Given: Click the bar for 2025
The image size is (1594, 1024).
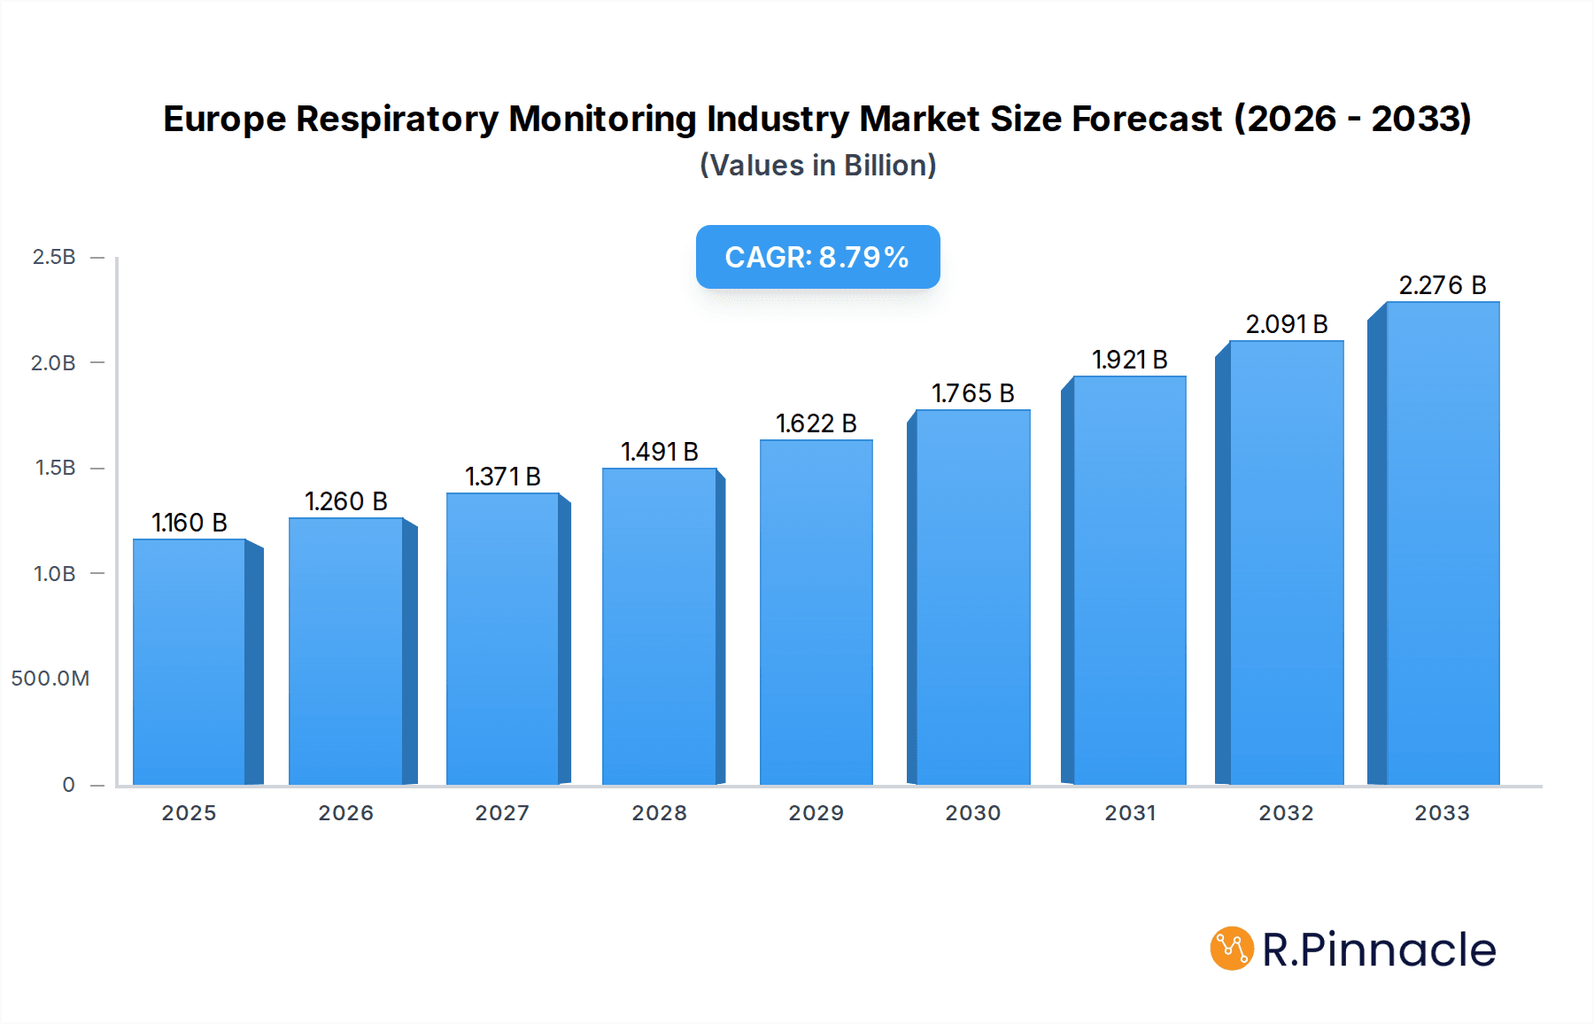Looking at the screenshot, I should (x=190, y=662).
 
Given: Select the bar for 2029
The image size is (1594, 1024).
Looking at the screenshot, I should (x=816, y=612).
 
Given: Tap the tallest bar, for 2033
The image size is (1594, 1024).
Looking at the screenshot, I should (x=1442, y=543).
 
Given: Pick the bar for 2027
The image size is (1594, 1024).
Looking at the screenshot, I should (x=502, y=639).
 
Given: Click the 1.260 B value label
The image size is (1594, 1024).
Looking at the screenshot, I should (x=346, y=501).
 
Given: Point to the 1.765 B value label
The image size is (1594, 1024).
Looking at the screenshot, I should (x=972, y=393).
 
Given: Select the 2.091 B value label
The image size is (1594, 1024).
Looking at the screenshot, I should (x=1286, y=324).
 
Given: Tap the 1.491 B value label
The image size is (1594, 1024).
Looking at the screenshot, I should (x=659, y=452).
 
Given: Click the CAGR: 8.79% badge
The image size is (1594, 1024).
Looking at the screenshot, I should (x=817, y=257).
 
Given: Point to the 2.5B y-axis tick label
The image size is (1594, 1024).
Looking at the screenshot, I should (x=54, y=257).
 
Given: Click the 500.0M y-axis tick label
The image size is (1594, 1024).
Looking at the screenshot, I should (x=50, y=679).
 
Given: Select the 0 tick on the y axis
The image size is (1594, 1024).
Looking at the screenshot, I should (x=68, y=785).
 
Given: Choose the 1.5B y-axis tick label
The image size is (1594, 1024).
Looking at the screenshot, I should (x=55, y=468).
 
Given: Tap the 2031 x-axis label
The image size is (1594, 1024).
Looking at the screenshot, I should (x=1130, y=813).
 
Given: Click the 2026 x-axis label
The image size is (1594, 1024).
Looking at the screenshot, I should (x=346, y=813).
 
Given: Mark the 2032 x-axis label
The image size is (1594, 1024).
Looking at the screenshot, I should (x=1286, y=813).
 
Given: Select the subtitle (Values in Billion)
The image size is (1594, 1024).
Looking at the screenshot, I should (x=817, y=166).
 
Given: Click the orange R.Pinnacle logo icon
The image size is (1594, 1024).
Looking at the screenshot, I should (x=1231, y=949).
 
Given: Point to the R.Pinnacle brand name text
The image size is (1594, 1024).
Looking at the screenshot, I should (x=1379, y=950).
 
